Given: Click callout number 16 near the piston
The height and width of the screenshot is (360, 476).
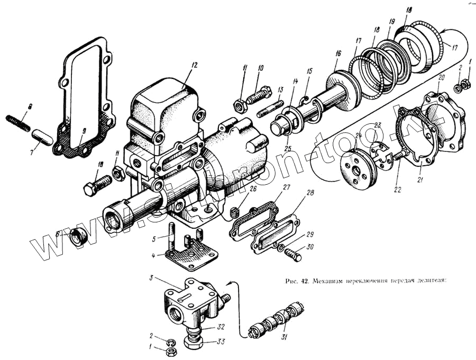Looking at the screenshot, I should point(338,53).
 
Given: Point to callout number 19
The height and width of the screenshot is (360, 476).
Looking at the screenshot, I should point(392,22).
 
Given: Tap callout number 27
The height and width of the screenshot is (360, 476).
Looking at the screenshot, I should point(287,187).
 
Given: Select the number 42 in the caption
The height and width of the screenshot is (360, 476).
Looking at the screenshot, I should point(305,280).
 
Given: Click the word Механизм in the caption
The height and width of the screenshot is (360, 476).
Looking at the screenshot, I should point(333,280).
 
